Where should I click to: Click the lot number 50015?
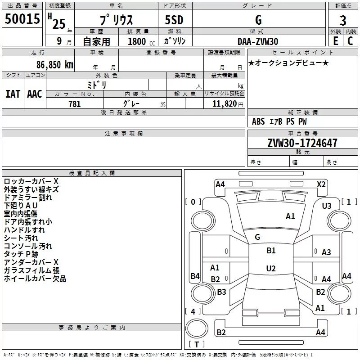pyautogui.click(x=22, y=19)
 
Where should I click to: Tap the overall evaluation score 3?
pyautogui.click(x=343, y=21)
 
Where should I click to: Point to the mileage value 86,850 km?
pyautogui.click(x=52, y=64)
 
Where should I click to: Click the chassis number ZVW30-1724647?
pyautogui.click(x=302, y=143)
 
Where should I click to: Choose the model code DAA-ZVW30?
pyautogui.click(x=258, y=41)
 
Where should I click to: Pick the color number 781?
pyautogui.click(x=74, y=104)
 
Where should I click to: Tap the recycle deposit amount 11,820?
pyautogui.click(x=225, y=104)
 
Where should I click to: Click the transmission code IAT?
pyautogui.click(x=13, y=94)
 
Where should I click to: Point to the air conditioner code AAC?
pyautogui.click(x=35, y=94)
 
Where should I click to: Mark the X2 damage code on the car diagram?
pyautogui.click(x=321, y=184)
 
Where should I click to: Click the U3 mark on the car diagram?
pyautogui.click(x=327, y=206)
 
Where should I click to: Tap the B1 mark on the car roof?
pyautogui.click(x=271, y=251)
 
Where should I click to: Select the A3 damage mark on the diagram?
pyautogui.click(x=326, y=252)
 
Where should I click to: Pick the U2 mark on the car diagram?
pyautogui.click(x=271, y=269)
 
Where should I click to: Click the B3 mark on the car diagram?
pyautogui.click(x=221, y=292)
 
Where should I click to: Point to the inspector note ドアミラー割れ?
pyautogui.click(x=28, y=197)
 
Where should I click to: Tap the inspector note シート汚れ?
pyautogui.click(x=21, y=238)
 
